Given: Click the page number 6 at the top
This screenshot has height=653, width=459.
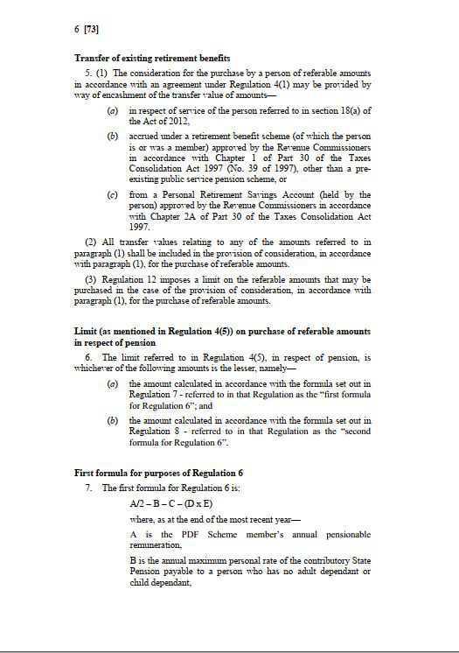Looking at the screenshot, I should point(76,29).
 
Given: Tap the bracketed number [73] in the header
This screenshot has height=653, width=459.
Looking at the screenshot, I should point(90,29).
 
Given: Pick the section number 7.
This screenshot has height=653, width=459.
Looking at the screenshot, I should point(88,487).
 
